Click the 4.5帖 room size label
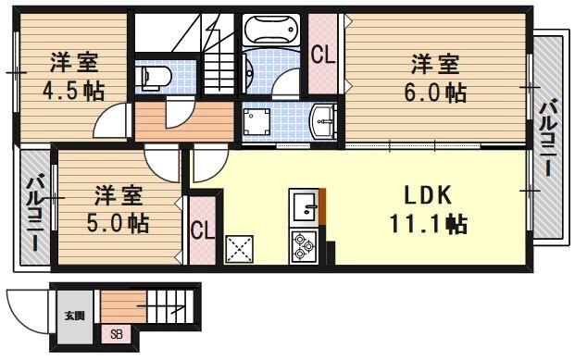coord(72,91)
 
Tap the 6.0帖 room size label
coord(435,92)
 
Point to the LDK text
coord(426,195)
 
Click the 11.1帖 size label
coord(427,223)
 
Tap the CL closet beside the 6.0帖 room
coord(323,55)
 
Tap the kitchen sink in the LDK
coord(303,205)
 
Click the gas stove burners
coord(303,244)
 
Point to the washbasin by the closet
coord(324,119)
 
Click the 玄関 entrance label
coord(72,315)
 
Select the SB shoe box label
coord(116,334)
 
